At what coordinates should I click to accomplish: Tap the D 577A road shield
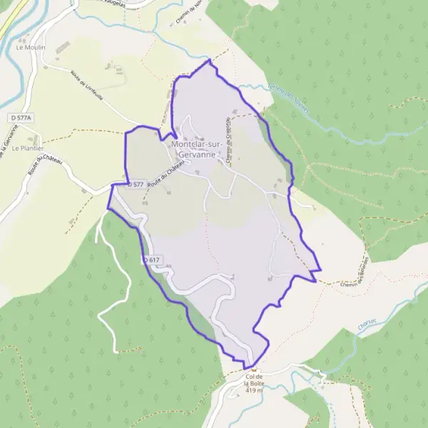point(23,116)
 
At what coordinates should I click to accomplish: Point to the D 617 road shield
point(151,260)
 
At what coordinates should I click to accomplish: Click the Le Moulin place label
point(29,48)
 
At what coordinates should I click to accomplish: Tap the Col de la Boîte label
point(254,380)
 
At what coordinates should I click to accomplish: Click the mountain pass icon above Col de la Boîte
point(253,369)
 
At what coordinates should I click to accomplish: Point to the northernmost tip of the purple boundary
point(209,61)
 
